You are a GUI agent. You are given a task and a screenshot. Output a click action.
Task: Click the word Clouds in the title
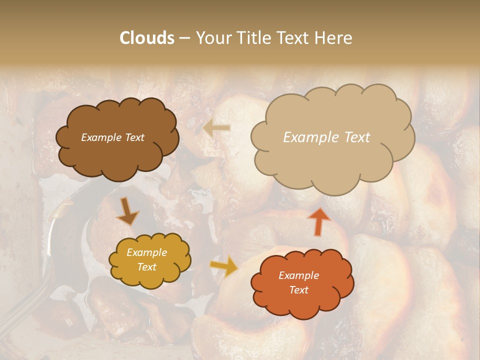(147, 38)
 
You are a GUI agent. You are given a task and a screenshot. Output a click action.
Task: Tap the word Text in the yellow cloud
(146, 267)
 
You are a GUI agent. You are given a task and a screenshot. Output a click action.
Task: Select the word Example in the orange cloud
(298, 275)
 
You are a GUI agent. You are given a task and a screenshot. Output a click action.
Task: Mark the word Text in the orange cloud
(298, 290)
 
